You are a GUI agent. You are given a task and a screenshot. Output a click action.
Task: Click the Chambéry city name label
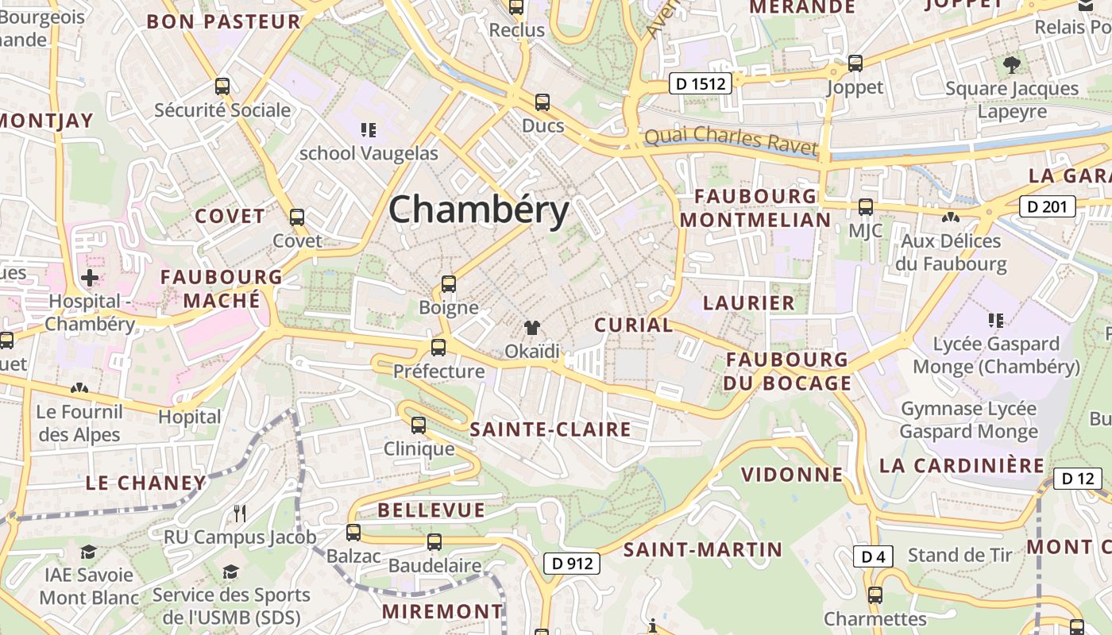[479, 210]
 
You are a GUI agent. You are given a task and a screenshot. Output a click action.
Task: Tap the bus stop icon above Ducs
[542, 102]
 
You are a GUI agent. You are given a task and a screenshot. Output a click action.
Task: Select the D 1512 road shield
[700, 83]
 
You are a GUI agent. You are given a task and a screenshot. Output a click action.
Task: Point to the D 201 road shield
[1047, 207]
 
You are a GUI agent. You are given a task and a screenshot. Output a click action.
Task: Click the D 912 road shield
[572, 564]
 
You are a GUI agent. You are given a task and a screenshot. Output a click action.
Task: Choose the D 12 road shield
[1078, 479]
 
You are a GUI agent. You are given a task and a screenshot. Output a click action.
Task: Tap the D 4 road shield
[873, 556]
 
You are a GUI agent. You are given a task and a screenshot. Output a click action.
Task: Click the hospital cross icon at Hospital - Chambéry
[90, 278]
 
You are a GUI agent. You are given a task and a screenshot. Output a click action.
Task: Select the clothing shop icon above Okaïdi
[532, 327]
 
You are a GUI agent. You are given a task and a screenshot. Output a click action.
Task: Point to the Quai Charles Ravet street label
[731, 140]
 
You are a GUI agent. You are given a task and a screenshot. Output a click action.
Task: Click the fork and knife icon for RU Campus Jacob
[241, 514]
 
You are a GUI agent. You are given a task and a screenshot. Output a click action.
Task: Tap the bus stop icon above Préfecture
[438, 347]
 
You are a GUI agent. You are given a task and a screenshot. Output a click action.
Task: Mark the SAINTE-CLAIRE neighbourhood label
[550, 430]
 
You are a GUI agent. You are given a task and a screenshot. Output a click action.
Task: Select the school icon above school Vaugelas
[368, 129]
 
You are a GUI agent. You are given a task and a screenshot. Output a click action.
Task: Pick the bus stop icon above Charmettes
[875, 595]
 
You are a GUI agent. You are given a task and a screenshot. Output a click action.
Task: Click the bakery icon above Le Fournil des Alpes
[79, 388]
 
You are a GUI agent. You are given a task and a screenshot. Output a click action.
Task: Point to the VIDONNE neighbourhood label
[792, 475]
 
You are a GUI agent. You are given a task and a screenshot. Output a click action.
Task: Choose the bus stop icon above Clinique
[419, 425]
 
